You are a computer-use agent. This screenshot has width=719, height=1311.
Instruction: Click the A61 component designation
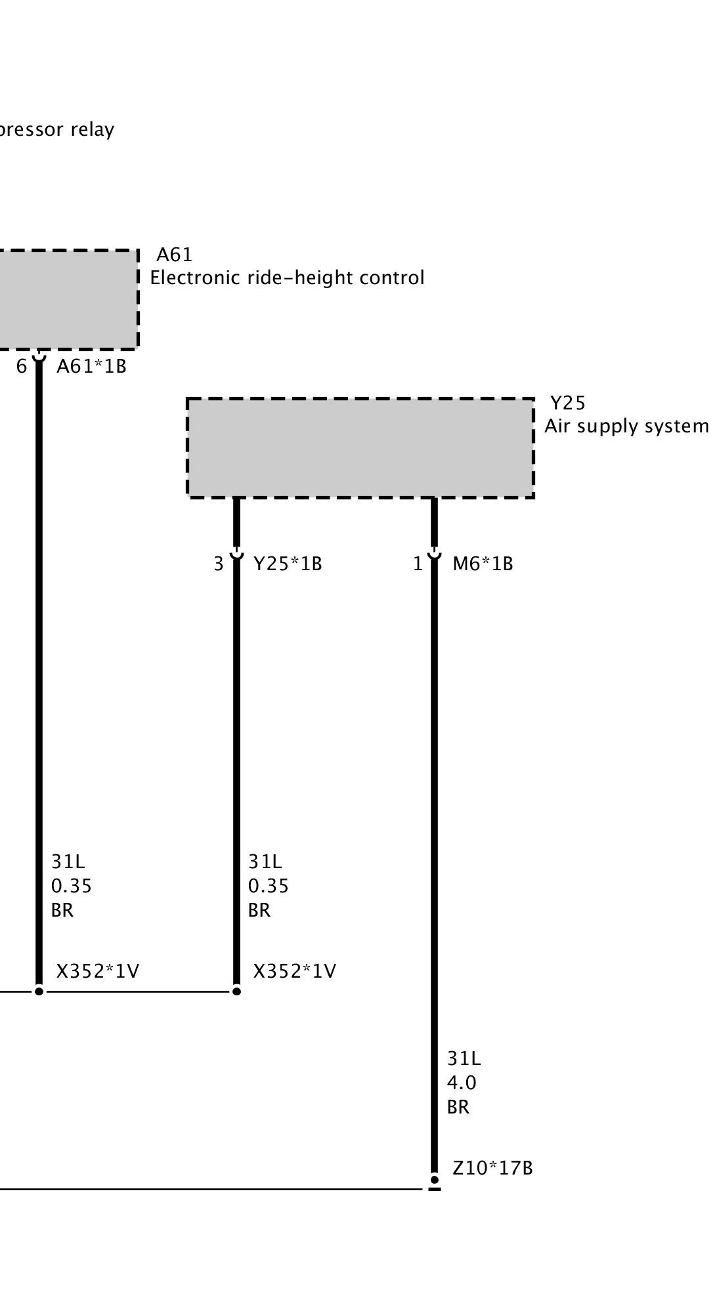coord(174,254)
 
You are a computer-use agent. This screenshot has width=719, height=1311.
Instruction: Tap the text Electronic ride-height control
coord(287,278)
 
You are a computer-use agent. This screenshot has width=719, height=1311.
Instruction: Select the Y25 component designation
coord(567,402)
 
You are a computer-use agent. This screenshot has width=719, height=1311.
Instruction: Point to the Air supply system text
coord(626,427)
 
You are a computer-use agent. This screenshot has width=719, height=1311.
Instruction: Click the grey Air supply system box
coord(360,448)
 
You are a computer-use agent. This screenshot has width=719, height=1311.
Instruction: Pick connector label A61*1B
coord(91,366)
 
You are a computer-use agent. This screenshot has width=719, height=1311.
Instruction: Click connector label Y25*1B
coord(288,564)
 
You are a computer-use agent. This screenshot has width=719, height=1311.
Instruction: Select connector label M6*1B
coord(483,564)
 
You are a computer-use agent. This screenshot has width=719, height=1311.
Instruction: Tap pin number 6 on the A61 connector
coord(22,366)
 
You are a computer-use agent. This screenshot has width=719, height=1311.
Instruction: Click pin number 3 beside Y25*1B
coord(219,564)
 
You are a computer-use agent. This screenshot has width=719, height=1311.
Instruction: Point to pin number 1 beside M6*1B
coord(418,564)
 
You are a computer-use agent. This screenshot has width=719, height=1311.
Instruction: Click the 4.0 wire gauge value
coord(462,1083)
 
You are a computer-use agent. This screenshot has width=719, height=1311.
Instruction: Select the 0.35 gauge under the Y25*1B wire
coord(268,886)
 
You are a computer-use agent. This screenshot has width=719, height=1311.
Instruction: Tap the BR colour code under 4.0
coord(458,1107)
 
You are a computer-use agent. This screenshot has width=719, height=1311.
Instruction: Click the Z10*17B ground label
coord(492,1168)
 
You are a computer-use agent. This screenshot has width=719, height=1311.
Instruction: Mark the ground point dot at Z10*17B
coord(434,1179)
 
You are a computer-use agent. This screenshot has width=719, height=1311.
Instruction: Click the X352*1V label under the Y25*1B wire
coord(294,971)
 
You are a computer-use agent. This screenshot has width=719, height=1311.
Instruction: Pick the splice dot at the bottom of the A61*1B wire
coord(39,991)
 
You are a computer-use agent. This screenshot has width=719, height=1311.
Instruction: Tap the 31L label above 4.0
coord(464,1058)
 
